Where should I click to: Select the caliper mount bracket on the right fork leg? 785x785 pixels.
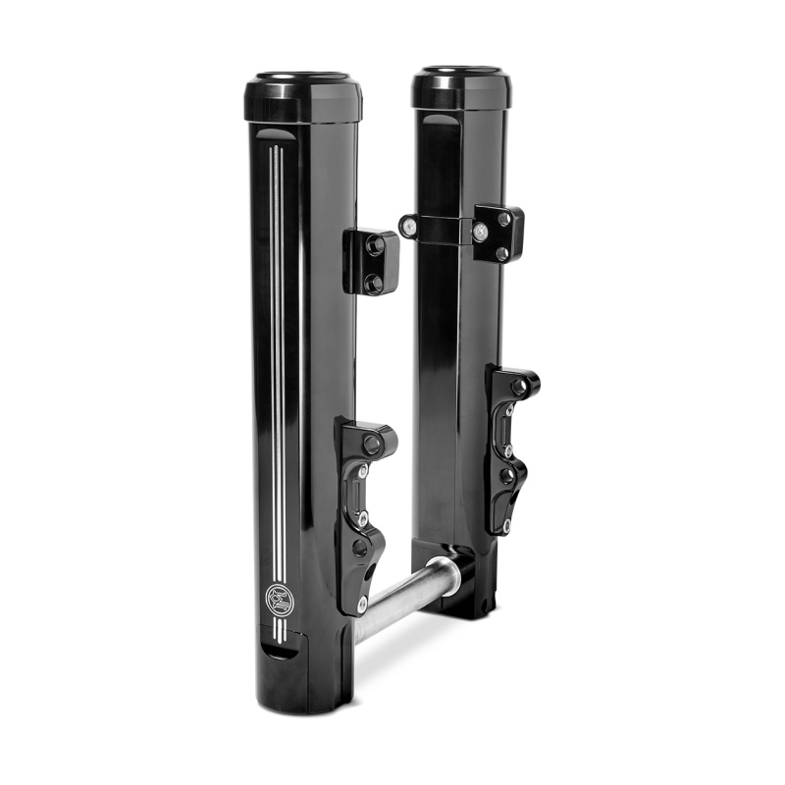click(507, 432)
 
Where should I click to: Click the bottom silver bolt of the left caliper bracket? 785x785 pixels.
click(363, 600)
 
